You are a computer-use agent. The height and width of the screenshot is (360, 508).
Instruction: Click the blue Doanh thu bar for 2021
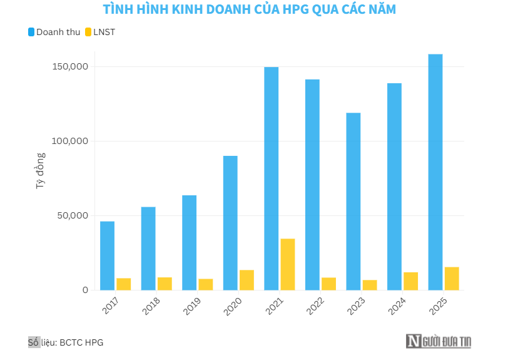(271, 178)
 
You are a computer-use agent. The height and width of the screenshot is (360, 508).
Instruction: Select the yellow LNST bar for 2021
(288, 264)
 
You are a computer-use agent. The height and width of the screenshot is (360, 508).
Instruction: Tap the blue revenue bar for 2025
(435, 172)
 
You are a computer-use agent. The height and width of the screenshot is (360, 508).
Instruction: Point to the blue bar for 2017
(107, 255)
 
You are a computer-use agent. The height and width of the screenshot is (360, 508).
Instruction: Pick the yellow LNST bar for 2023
(370, 285)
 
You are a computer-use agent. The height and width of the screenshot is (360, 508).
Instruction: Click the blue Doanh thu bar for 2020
(230, 223)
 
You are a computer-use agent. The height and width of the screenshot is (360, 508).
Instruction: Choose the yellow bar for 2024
(411, 281)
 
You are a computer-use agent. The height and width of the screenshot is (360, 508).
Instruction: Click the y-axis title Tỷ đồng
(40, 171)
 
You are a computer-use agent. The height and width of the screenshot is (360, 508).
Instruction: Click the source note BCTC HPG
(81, 342)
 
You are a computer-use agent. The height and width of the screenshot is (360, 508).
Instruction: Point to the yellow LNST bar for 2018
(165, 284)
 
